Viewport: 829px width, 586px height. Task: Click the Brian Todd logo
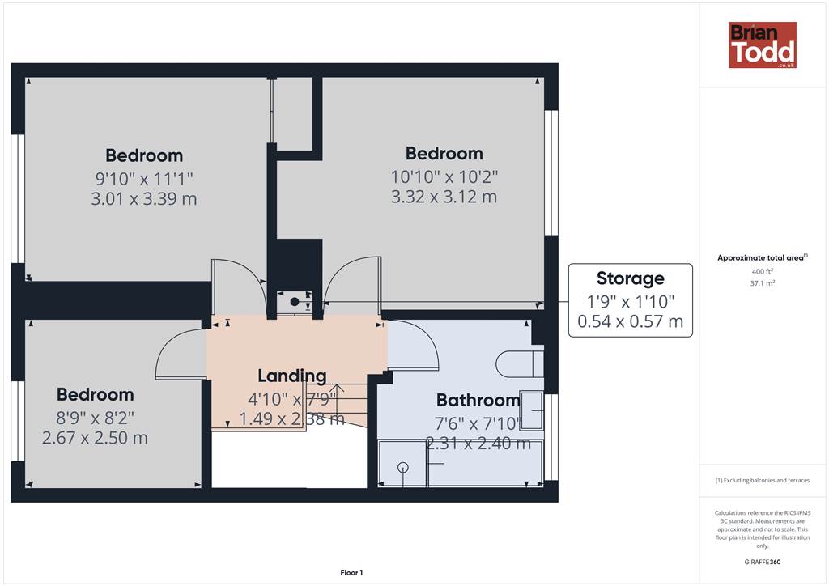[x=762, y=45]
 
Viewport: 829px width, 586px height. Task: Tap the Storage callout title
[x=630, y=278]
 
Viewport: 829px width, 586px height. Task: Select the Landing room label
[x=291, y=376]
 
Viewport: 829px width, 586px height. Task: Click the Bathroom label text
[x=478, y=400]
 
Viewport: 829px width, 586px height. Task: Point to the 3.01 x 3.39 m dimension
[x=144, y=198]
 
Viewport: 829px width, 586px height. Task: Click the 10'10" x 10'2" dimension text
[x=444, y=176]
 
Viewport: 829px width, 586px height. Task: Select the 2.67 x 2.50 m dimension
[x=95, y=438]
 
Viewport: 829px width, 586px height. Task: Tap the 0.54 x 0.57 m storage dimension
[x=630, y=321]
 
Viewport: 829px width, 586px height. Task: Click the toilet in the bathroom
[x=520, y=363]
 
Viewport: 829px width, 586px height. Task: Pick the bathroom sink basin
[x=532, y=410]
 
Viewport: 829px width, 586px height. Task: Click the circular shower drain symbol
[x=403, y=467]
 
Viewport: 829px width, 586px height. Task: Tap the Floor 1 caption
[x=351, y=572]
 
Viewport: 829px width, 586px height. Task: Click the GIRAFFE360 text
[x=762, y=562]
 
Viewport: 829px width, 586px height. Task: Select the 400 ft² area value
[x=762, y=271]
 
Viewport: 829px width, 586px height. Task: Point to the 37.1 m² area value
[x=762, y=283]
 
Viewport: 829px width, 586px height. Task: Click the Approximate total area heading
[x=762, y=258]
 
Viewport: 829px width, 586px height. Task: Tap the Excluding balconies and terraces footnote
[x=762, y=480]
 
